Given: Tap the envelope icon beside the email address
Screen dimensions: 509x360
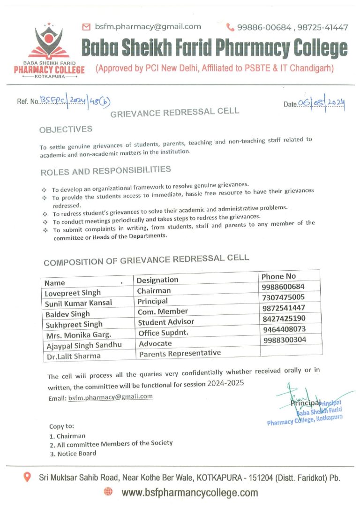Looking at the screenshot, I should (86, 27).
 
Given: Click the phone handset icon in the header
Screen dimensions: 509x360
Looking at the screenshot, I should (230, 27).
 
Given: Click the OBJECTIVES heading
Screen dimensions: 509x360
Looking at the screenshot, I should (66, 129).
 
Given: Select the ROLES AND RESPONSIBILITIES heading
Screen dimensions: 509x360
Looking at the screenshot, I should (105, 171).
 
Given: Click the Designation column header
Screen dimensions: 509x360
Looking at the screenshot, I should (157, 280).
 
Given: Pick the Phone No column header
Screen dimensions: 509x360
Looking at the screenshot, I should (278, 276).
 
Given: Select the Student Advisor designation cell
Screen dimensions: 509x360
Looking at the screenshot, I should (165, 322).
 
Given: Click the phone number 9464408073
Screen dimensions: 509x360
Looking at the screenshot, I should (285, 329).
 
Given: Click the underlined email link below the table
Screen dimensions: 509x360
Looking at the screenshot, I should (111, 397).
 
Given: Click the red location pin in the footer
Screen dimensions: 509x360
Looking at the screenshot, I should (27, 478).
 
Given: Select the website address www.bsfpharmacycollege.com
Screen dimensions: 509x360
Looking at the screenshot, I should (189, 493).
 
